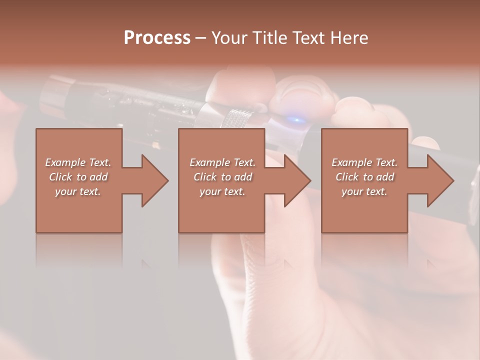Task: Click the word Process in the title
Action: [157, 38]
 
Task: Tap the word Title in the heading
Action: [269, 38]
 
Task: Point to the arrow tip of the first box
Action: [168, 180]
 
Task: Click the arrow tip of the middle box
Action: [310, 180]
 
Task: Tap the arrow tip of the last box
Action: [453, 180]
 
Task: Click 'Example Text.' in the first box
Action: [78, 162]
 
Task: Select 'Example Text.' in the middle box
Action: [222, 162]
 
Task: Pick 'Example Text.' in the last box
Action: [364, 162]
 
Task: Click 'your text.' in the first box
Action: [78, 191]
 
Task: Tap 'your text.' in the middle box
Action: [222, 191]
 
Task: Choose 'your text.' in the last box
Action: [364, 191]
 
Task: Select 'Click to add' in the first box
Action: [78, 177]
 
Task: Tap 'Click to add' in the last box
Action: [364, 177]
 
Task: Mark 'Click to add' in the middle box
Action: [222, 177]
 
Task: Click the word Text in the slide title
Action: [308, 38]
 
